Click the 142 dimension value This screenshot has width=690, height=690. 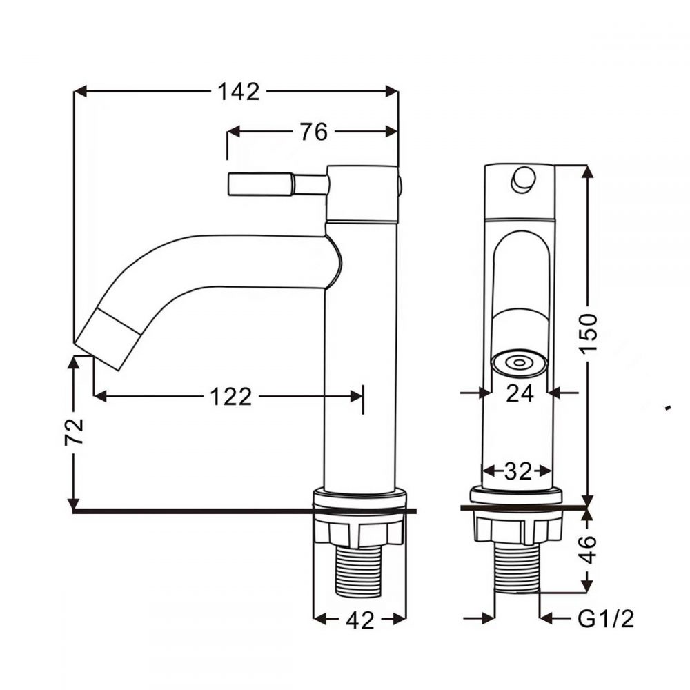point(239,91)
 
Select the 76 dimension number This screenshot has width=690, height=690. point(314,131)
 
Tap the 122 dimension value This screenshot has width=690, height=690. point(230,396)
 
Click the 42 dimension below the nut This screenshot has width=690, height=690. point(359,620)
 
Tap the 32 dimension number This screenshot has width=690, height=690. point(517,471)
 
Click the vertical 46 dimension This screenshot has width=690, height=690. point(589,549)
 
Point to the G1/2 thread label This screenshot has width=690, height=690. point(605,619)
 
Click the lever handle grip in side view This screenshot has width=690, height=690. point(259,184)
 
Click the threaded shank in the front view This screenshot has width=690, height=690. point(517,569)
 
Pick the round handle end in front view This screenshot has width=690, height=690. point(522,179)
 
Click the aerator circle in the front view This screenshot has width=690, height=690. point(519,362)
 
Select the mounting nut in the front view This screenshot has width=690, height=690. point(517,529)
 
